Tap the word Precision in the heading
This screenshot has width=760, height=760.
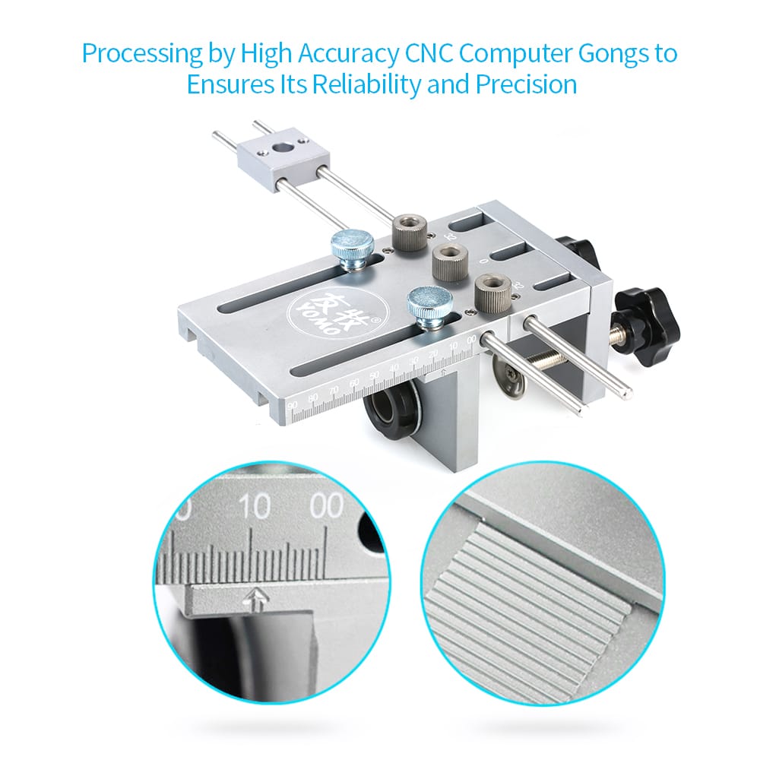click(x=526, y=84)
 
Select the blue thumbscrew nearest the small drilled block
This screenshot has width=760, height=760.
click(x=352, y=248)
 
